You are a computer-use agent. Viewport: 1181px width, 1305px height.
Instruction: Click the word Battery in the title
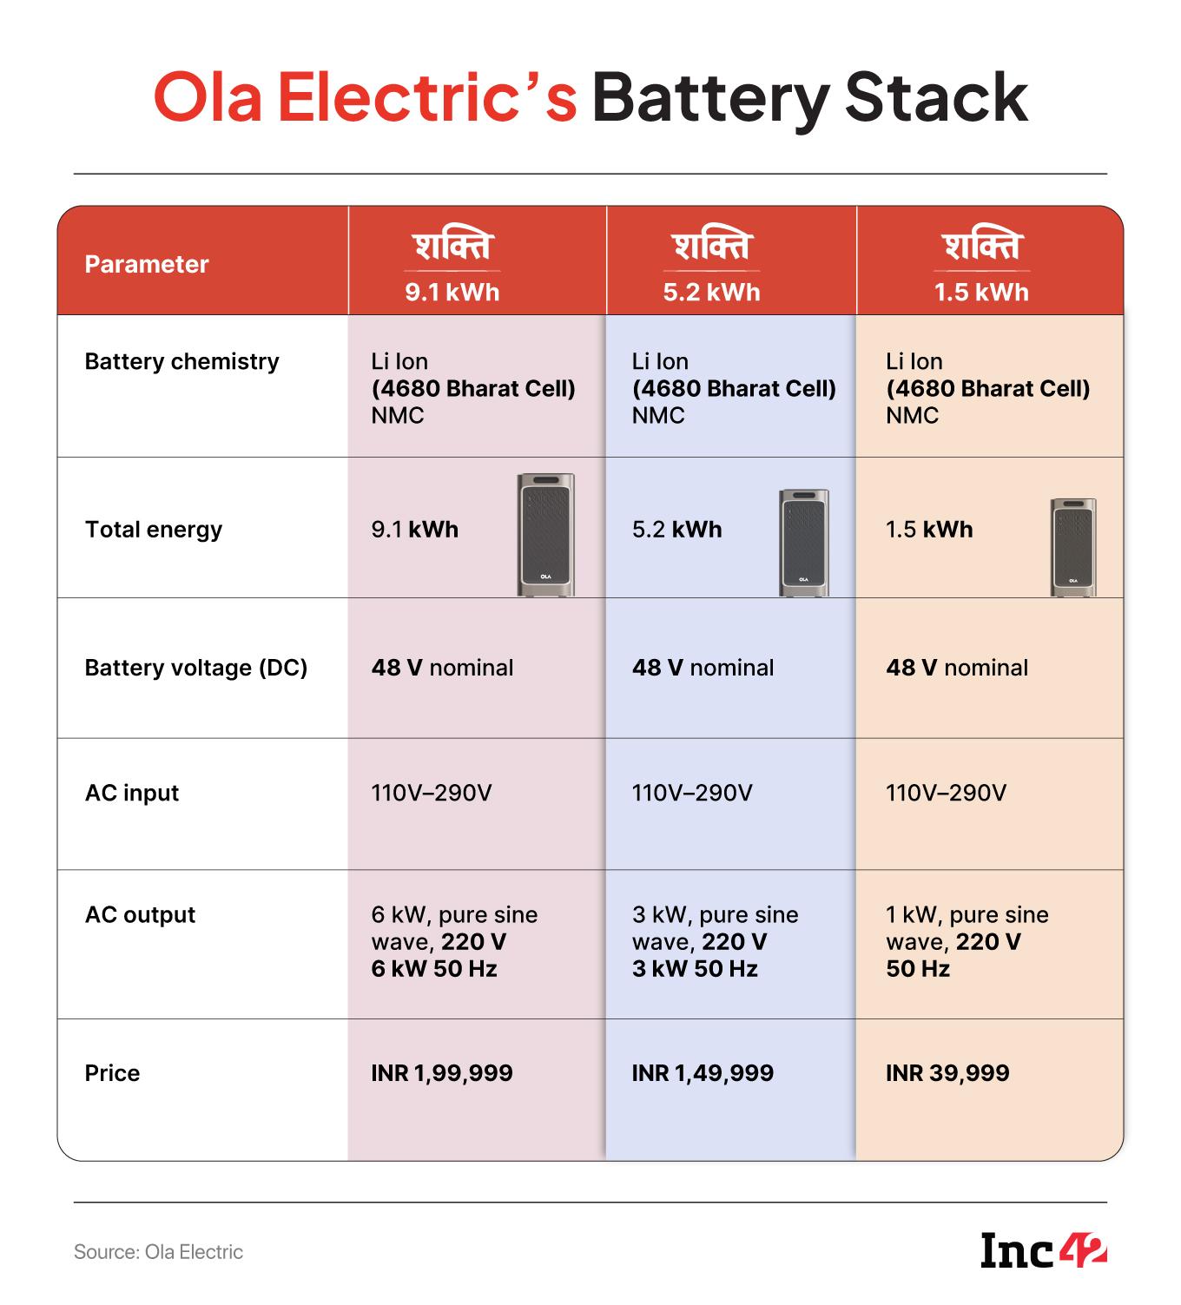(709, 98)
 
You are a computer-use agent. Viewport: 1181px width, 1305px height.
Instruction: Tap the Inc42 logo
(1043, 1250)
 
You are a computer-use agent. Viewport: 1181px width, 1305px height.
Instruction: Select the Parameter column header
(147, 264)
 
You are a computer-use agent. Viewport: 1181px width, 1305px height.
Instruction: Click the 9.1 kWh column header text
(452, 292)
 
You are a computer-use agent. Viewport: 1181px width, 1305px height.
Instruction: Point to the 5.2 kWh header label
(711, 292)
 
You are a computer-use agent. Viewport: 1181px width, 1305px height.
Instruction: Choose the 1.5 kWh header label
(981, 292)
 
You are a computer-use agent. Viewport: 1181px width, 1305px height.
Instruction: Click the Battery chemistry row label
(181, 361)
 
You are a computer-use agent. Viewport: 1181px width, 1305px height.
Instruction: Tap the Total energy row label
(154, 530)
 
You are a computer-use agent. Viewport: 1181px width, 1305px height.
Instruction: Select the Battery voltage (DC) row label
(196, 668)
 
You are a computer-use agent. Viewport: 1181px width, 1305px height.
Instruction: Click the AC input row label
(132, 793)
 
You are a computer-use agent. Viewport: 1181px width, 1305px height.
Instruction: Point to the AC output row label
(140, 914)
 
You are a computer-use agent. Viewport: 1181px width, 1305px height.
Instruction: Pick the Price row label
(112, 1073)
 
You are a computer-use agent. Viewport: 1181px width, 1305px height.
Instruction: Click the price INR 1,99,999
(442, 1073)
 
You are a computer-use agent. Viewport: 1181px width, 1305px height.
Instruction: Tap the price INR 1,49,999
(703, 1073)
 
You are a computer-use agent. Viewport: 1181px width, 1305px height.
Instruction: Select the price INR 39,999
(947, 1073)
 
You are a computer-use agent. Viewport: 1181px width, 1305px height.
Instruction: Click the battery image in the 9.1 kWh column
(546, 534)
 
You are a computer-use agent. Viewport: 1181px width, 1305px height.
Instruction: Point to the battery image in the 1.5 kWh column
(1073, 547)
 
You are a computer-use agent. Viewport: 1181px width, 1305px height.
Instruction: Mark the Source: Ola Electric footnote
(158, 1252)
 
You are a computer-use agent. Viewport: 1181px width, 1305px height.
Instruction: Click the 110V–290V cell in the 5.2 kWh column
(692, 793)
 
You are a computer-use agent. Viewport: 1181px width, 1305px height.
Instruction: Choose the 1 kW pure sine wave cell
(967, 941)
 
